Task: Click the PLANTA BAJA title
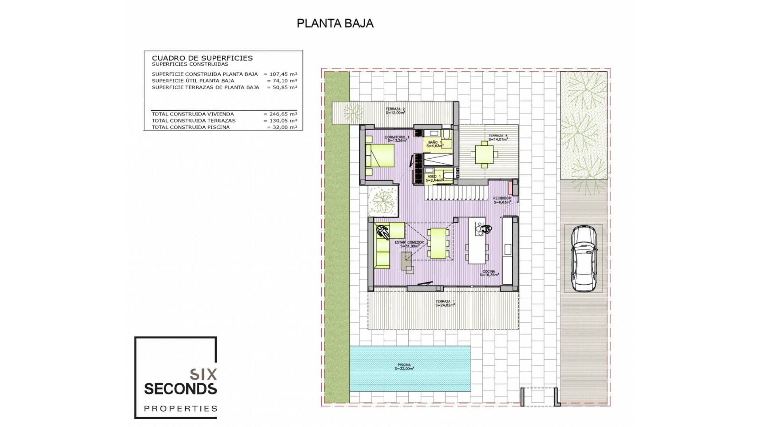click(335, 24)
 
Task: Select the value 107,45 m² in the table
click(283, 74)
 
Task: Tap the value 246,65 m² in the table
click(283, 114)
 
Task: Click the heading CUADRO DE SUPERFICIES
click(202, 58)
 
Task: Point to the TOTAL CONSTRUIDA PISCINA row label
click(191, 127)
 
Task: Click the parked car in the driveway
click(583, 258)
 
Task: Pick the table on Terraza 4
click(484, 155)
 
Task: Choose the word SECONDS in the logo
click(180, 389)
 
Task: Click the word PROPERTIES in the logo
click(180, 409)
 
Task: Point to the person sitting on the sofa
click(382, 232)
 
